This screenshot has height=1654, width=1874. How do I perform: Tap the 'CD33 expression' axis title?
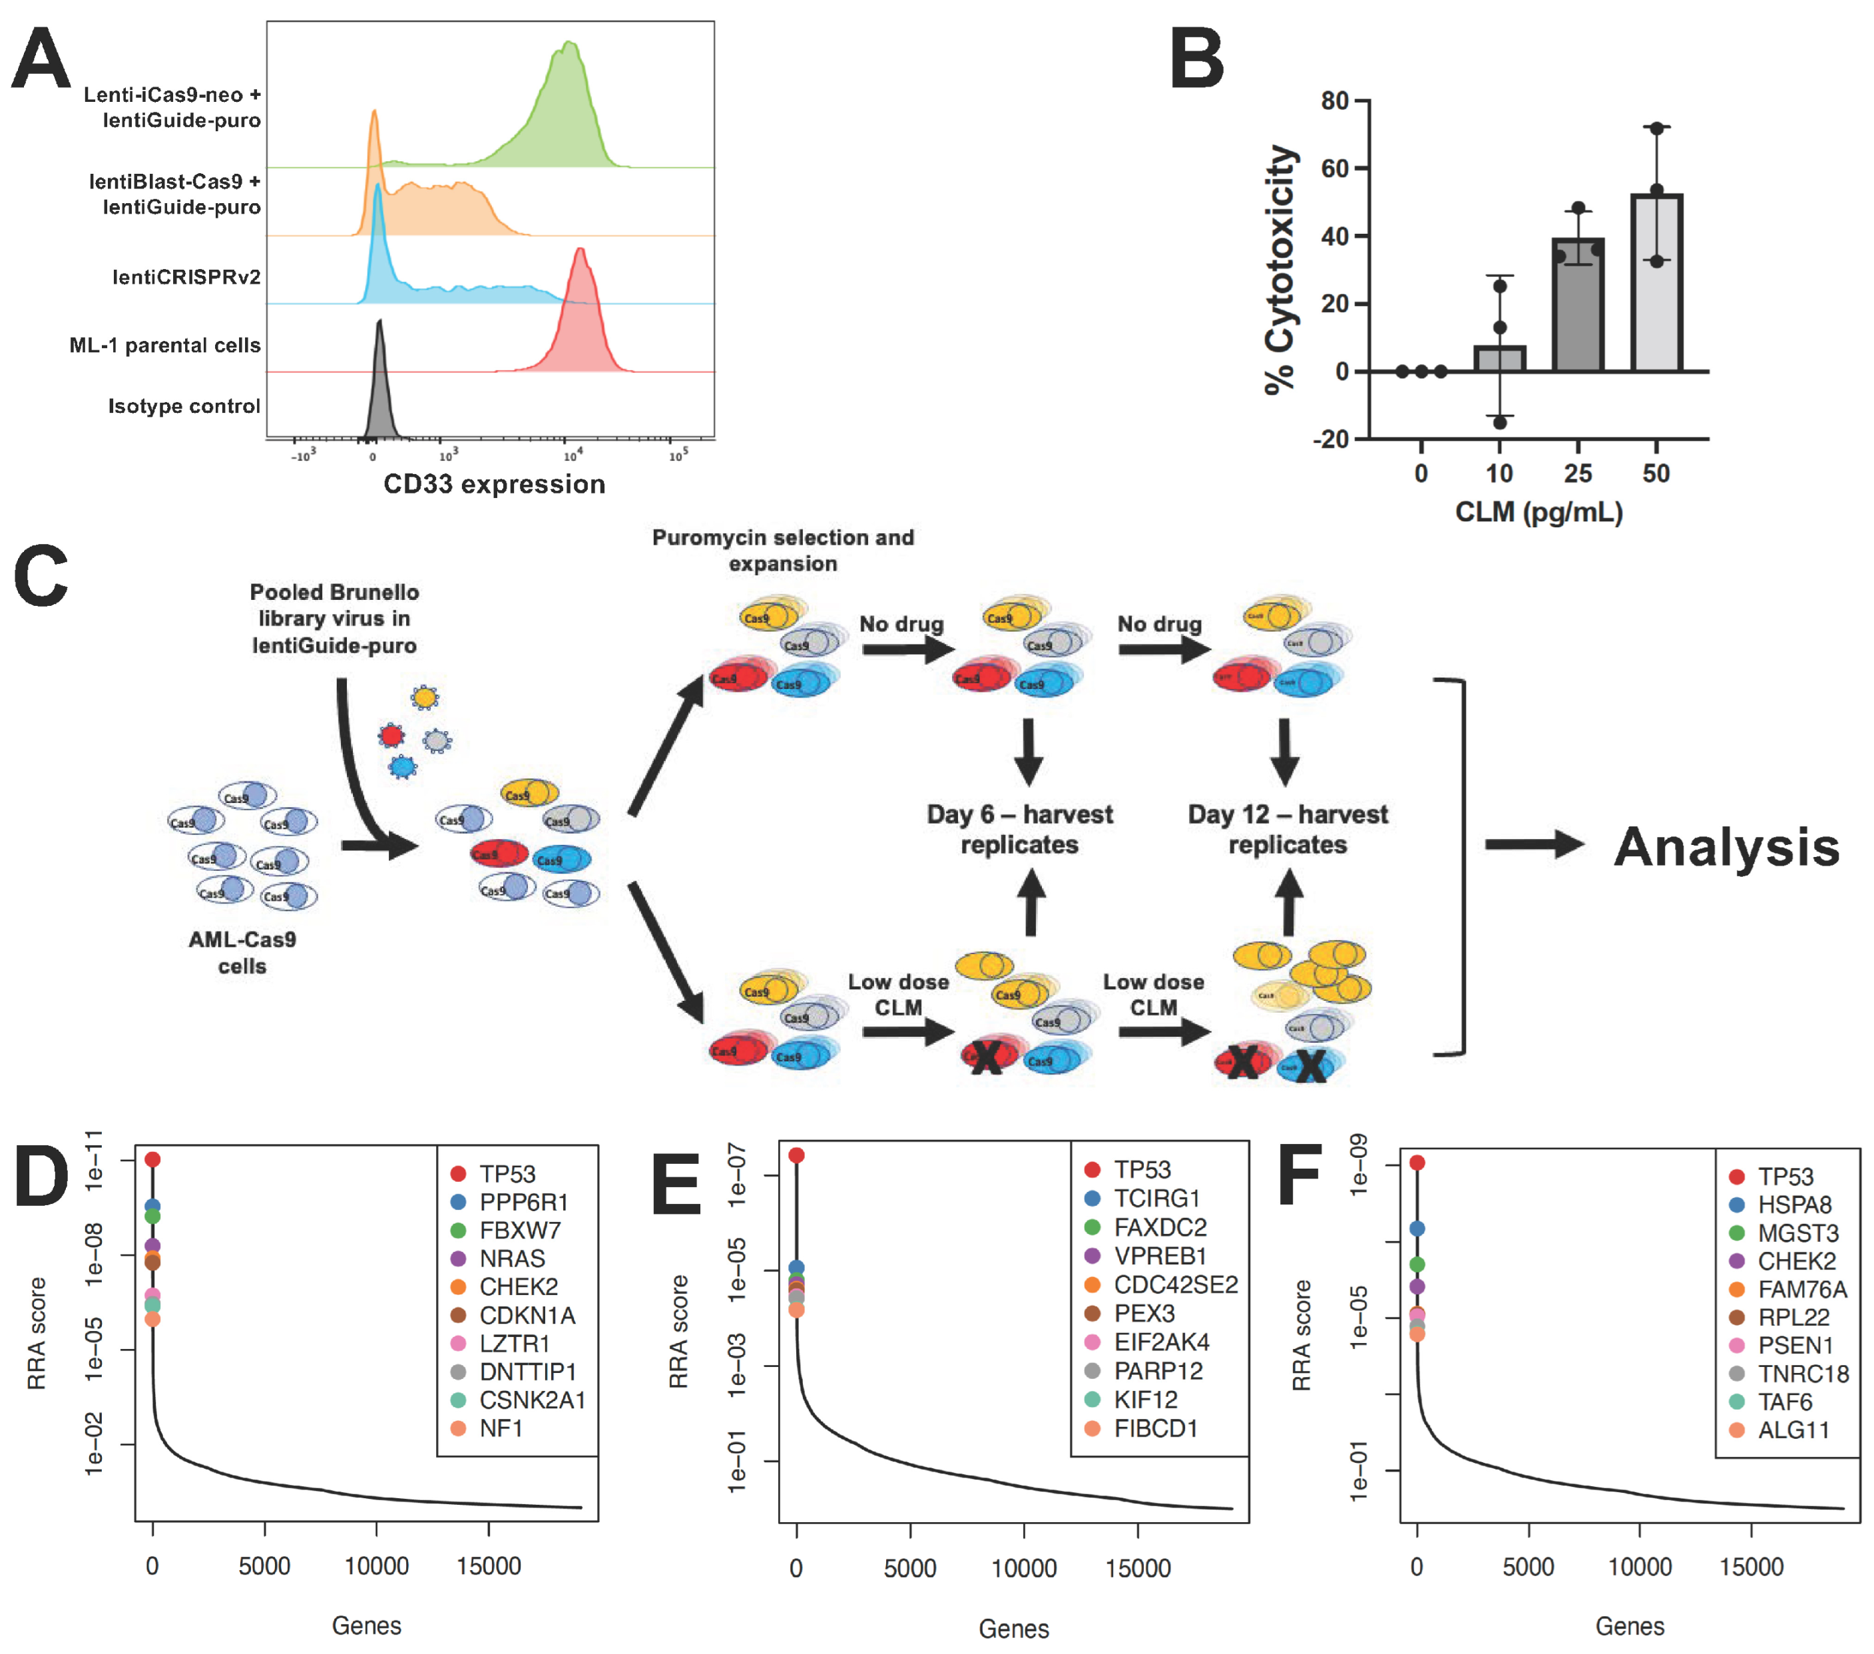pyautogui.click(x=494, y=484)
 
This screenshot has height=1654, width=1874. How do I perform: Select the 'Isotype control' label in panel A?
pyautogui.click(x=184, y=406)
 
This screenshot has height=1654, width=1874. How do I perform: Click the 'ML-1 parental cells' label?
pyautogui.click(x=165, y=346)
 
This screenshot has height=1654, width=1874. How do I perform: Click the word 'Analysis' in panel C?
pyautogui.click(x=1726, y=846)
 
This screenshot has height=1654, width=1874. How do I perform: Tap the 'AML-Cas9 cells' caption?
pyautogui.click(x=242, y=953)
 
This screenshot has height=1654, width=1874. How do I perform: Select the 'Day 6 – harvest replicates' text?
pyautogui.click(x=1019, y=829)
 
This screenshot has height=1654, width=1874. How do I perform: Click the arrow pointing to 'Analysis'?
pyautogui.click(x=1533, y=844)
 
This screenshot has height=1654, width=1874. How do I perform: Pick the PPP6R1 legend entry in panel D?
pyautogui.click(x=523, y=1202)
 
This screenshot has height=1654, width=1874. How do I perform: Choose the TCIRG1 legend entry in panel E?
pyautogui.click(x=1155, y=1199)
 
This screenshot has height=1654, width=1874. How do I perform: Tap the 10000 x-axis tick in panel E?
pyautogui.click(x=1023, y=1569)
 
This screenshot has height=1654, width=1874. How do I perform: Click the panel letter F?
pyautogui.click(x=1298, y=1177)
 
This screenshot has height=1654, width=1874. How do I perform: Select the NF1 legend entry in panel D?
pyautogui.click(x=500, y=1428)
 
